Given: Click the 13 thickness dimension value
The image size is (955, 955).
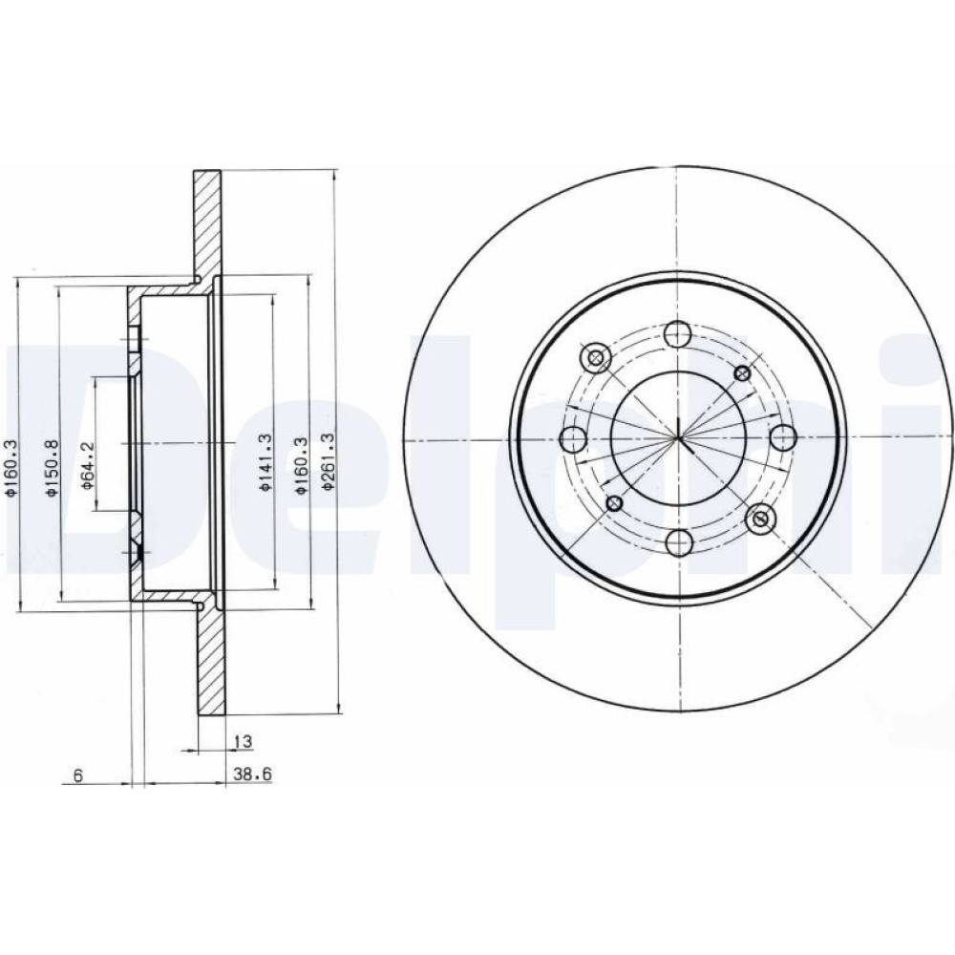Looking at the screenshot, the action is pos(243,742).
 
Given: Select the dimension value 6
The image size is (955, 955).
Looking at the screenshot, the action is pos(77,775).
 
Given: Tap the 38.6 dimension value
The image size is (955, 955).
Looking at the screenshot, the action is pos(251,775).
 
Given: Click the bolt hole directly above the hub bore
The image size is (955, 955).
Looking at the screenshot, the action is pos(677,333).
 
